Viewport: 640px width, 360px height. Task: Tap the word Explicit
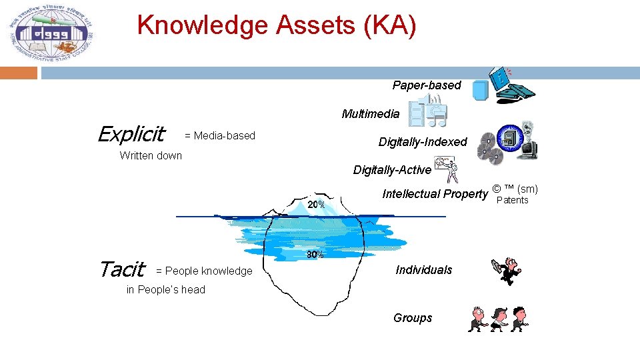click(131, 135)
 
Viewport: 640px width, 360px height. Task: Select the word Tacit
click(121, 269)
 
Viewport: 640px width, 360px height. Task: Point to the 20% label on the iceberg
click(316, 205)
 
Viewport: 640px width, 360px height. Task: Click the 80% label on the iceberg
click(315, 255)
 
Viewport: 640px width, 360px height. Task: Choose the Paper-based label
click(427, 85)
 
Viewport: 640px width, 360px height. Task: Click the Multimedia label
click(371, 114)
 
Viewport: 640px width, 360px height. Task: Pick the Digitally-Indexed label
click(423, 142)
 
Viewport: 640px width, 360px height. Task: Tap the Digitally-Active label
click(392, 170)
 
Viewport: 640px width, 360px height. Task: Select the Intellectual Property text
click(435, 194)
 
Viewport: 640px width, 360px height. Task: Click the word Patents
click(513, 201)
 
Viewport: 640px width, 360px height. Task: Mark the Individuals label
click(424, 270)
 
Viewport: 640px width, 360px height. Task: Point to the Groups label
click(413, 318)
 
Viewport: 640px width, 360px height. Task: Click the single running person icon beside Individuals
click(507, 271)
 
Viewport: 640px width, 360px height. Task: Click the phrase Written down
click(151, 156)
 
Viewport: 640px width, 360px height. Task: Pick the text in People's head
click(166, 289)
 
